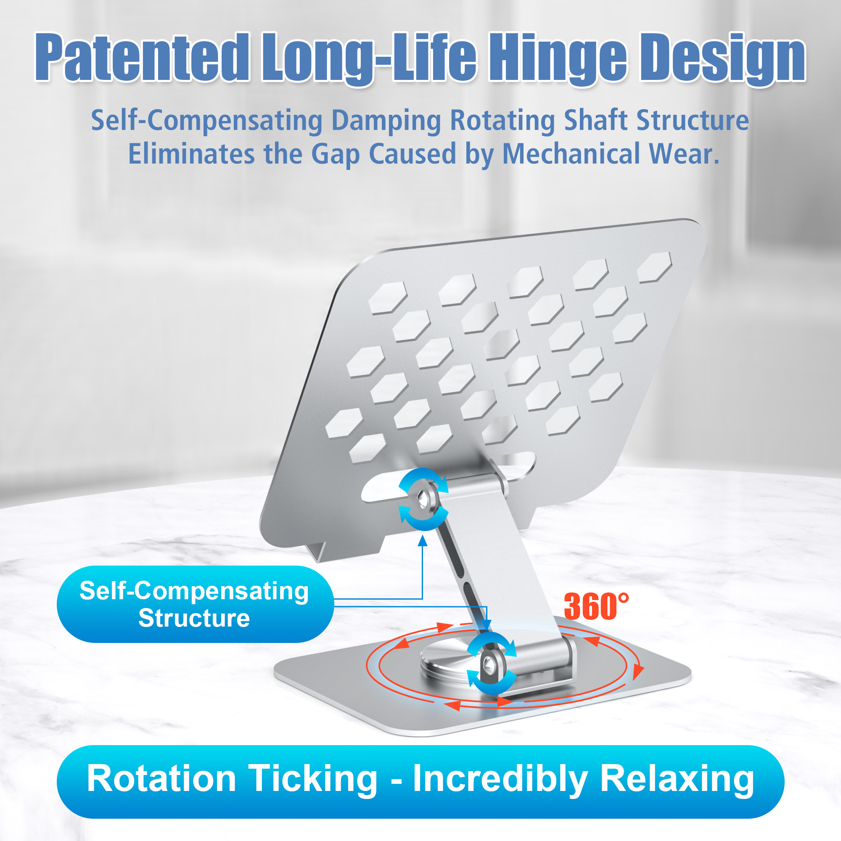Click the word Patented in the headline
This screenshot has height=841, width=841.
coord(143,57)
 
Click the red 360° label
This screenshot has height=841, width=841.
coord(596,606)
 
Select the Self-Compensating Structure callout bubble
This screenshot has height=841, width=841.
coord(196,604)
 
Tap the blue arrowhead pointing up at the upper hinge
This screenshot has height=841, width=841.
coord(422,541)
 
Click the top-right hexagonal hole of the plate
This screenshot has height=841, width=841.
coord(654,267)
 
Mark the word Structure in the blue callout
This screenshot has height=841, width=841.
coord(194,618)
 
